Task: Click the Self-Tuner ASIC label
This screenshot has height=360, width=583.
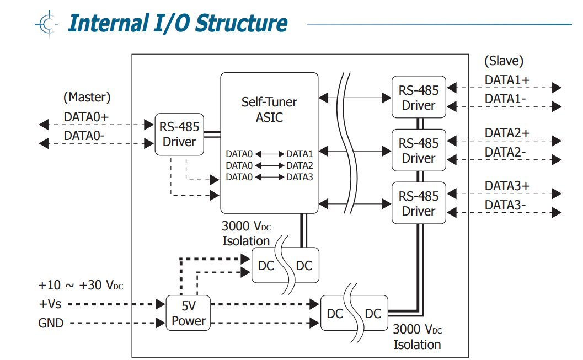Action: (x=269, y=109)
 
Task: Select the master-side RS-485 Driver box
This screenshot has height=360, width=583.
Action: (x=179, y=134)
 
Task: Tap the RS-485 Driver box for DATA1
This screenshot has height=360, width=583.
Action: (x=419, y=97)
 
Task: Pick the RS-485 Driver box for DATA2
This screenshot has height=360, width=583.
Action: (x=419, y=151)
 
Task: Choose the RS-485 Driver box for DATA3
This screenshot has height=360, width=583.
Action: (x=419, y=203)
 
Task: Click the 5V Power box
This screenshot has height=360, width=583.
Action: (x=189, y=313)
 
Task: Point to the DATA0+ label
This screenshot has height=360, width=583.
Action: (x=87, y=117)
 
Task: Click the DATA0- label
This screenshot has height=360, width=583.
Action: (x=85, y=136)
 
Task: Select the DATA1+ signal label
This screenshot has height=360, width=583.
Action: (x=507, y=80)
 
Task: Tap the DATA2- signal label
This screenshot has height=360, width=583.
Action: (x=505, y=152)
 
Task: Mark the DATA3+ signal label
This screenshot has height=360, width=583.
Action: (x=507, y=186)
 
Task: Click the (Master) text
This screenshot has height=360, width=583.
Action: (x=87, y=98)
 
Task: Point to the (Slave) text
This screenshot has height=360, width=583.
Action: (x=504, y=61)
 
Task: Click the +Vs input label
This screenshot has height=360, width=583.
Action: (x=50, y=304)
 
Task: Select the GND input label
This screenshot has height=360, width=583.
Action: (x=51, y=323)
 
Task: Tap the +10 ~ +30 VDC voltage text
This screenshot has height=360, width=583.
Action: (x=81, y=286)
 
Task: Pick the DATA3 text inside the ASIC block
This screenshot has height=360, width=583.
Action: (x=299, y=177)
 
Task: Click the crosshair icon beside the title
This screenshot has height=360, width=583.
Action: (x=47, y=24)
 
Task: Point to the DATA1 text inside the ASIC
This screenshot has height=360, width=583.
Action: (x=299, y=153)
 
